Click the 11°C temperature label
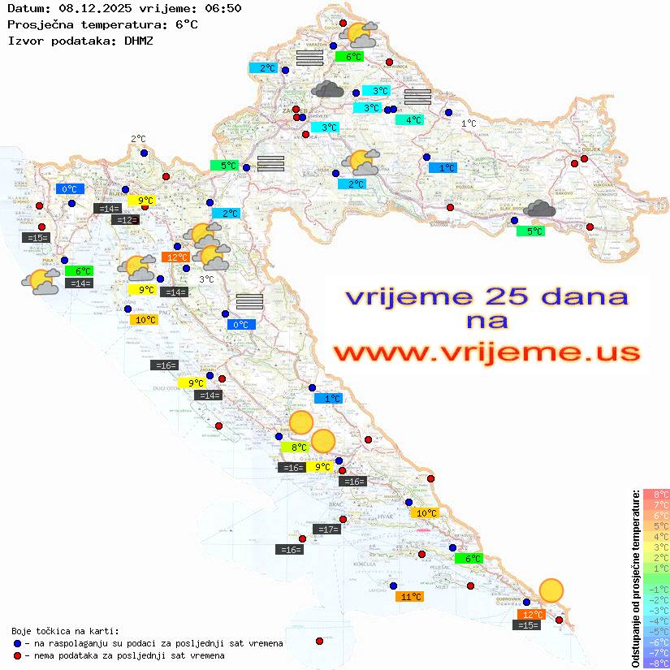click(411, 597)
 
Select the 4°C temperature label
click(409, 120)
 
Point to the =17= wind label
click(326, 530)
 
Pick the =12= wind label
click(125, 220)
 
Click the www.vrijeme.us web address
click(486, 352)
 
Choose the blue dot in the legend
click(17, 643)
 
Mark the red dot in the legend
click(17, 655)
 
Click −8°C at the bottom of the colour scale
click(655, 664)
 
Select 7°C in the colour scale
click(655, 505)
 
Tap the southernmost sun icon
click(551, 590)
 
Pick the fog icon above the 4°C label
click(417, 97)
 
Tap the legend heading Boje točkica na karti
click(65, 631)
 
